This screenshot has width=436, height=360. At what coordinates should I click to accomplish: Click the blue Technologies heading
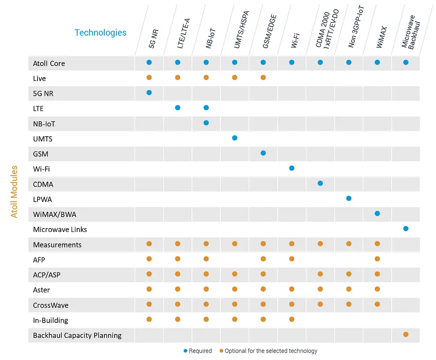tap(100, 33)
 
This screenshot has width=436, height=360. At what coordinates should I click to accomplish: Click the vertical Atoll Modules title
tap(14, 192)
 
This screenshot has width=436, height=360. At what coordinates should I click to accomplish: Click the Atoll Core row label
tap(49, 63)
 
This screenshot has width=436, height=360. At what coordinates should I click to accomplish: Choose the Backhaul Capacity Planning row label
tap(77, 335)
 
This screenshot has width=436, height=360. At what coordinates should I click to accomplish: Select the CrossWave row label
tap(51, 305)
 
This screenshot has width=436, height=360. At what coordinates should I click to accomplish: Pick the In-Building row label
tap(50, 320)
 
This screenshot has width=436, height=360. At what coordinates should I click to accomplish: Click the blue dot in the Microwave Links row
tap(406, 229)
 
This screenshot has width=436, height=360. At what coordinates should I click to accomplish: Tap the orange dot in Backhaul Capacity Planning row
tap(406, 334)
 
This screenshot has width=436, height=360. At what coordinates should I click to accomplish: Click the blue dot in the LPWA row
tap(349, 198)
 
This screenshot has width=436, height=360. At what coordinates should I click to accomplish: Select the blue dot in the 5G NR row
tap(149, 92)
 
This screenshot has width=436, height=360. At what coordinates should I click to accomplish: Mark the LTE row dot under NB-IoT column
tap(206, 108)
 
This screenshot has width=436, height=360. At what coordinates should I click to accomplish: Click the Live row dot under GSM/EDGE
tap(263, 77)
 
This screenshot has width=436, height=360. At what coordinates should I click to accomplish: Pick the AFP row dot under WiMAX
tap(377, 259)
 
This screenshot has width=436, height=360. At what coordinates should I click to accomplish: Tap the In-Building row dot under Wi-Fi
tap(292, 319)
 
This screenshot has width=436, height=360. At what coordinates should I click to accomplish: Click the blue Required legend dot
tap(185, 351)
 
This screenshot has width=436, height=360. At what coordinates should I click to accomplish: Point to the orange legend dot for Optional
tap(221, 351)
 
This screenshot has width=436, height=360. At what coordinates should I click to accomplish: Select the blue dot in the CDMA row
tap(320, 183)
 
